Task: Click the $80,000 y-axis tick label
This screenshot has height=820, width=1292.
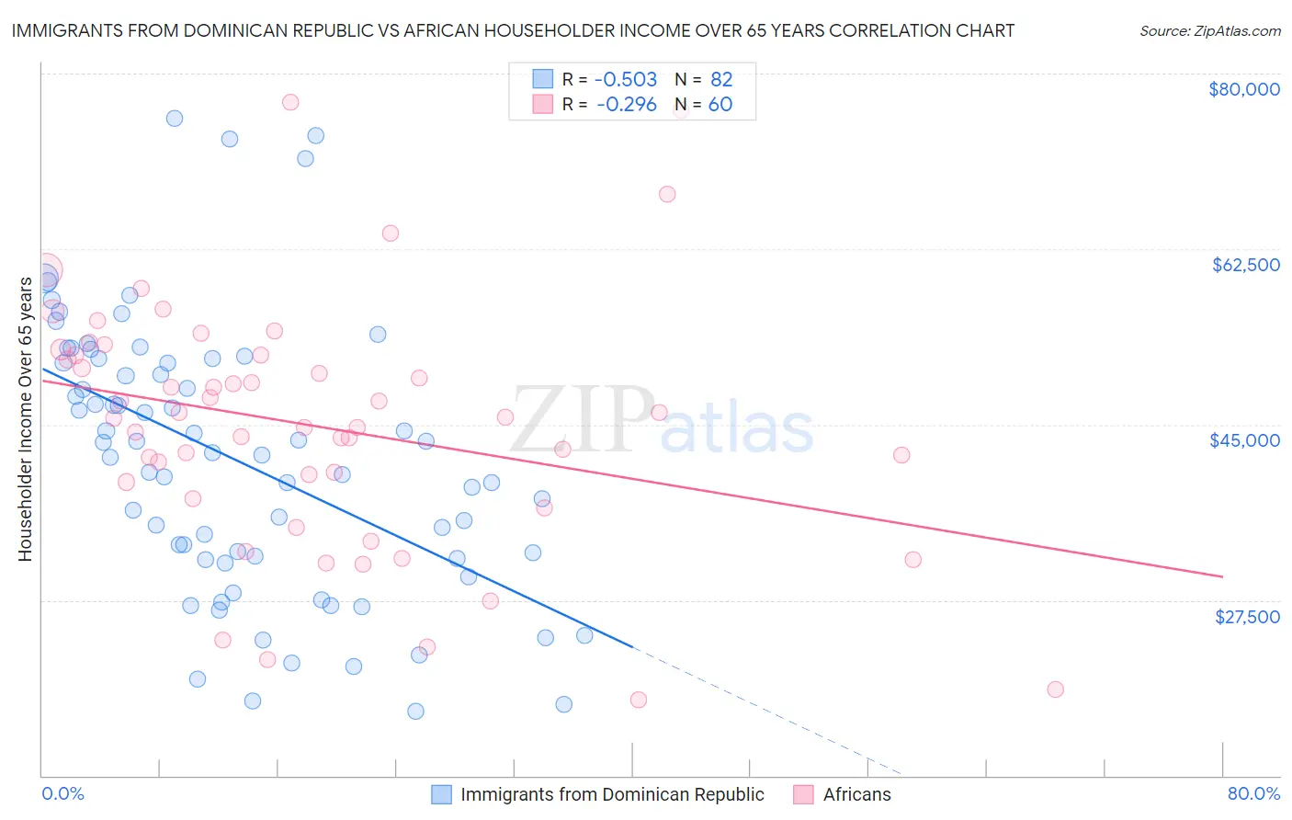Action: [1243, 89]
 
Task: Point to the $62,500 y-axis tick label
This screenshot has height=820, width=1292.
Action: [1245, 265]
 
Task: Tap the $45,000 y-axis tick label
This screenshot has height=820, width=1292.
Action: [1244, 440]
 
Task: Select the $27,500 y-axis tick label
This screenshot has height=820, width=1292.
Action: [1247, 617]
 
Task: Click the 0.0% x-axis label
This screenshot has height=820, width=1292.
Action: [62, 793]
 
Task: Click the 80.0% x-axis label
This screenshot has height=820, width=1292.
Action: [1253, 793]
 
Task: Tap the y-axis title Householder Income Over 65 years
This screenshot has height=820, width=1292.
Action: [25, 418]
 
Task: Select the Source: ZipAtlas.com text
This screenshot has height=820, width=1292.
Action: [1209, 31]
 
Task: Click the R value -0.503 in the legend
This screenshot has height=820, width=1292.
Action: [626, 80]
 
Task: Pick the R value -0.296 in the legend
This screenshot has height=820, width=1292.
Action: [626, 105]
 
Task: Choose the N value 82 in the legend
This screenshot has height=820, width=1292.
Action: [721, 80]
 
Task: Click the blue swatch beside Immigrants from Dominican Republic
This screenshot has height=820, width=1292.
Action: [442, 794]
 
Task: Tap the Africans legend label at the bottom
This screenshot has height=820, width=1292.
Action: [856, 794]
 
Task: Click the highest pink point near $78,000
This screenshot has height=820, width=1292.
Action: [290, 102]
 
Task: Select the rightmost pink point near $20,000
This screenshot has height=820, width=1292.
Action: [1055, 689]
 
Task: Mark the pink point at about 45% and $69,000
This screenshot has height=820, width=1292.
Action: [667, 194]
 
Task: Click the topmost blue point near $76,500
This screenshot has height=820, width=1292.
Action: [174, 119]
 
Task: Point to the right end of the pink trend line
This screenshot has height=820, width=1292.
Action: [1222, 576]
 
